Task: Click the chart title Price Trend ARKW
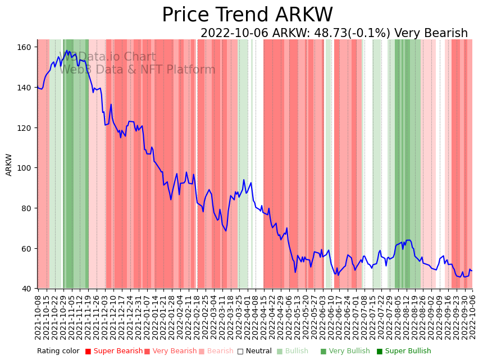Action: coord(247,15)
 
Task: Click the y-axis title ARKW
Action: coord(9,165)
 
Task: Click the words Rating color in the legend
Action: coord(58,352)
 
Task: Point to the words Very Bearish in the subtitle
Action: coord(431,34)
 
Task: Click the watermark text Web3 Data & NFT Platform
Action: coord(138,70)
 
